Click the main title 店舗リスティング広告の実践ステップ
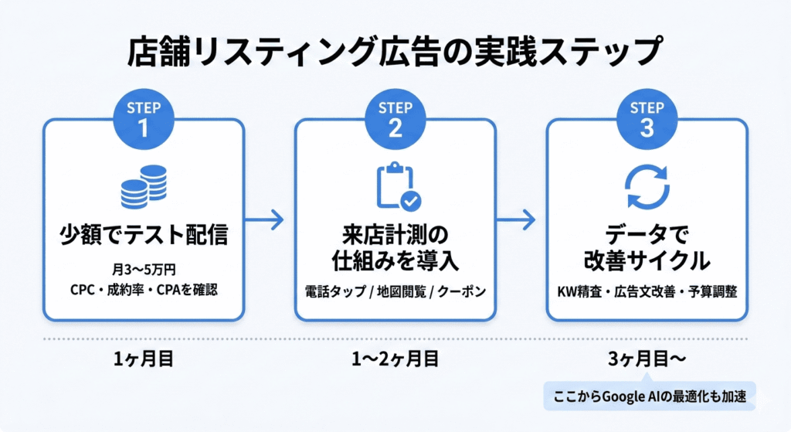395,53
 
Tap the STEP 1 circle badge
144,118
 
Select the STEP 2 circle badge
395,118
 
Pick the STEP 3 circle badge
647,118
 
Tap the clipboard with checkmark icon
396,185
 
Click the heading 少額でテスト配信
144,233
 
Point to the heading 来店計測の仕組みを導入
395,247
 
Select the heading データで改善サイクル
647,247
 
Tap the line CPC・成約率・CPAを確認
144,292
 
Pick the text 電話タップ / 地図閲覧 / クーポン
395,292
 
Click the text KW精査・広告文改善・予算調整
647,292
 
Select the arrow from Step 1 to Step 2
269,220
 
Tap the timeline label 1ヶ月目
144,358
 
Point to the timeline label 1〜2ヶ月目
395,358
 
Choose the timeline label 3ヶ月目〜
647,358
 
